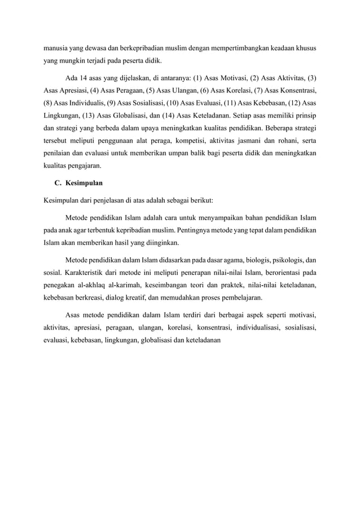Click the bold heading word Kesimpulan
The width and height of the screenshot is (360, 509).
[84, 183]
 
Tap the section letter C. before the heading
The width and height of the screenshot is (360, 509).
[57, 183]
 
